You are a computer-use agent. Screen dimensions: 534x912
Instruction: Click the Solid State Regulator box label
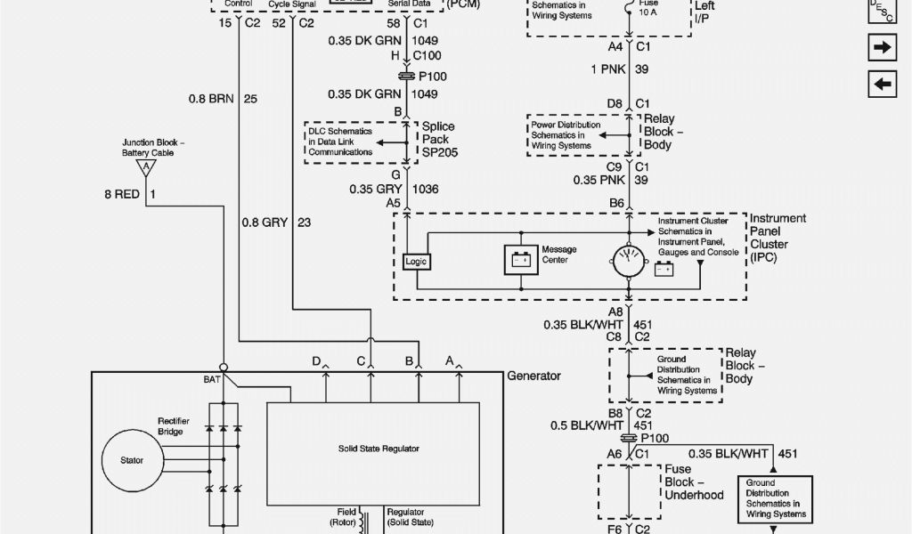click(378, 449)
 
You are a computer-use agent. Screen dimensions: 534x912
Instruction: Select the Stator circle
click(131, 460)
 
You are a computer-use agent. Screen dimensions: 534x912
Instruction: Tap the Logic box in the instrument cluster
click(416, 262)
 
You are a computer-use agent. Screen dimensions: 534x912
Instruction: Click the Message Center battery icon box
click(520, 260)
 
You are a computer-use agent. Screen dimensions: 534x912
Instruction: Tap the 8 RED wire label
click(122, 194)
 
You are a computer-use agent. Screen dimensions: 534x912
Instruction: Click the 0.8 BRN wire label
click(210, 99)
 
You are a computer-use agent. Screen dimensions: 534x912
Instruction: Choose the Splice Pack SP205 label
click(438, 140)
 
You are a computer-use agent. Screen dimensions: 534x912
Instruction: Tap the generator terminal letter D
click(316, 360)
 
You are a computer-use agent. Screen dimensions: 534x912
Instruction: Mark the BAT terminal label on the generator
click(212, 379)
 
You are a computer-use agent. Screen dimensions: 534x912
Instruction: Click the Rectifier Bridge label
click(170, 426)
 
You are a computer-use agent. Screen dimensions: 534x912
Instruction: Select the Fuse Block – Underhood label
click(693, 481)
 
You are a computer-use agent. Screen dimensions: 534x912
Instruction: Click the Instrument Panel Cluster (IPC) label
click(778, 239)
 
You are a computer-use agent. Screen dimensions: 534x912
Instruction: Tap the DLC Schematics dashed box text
click(342, 142)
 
